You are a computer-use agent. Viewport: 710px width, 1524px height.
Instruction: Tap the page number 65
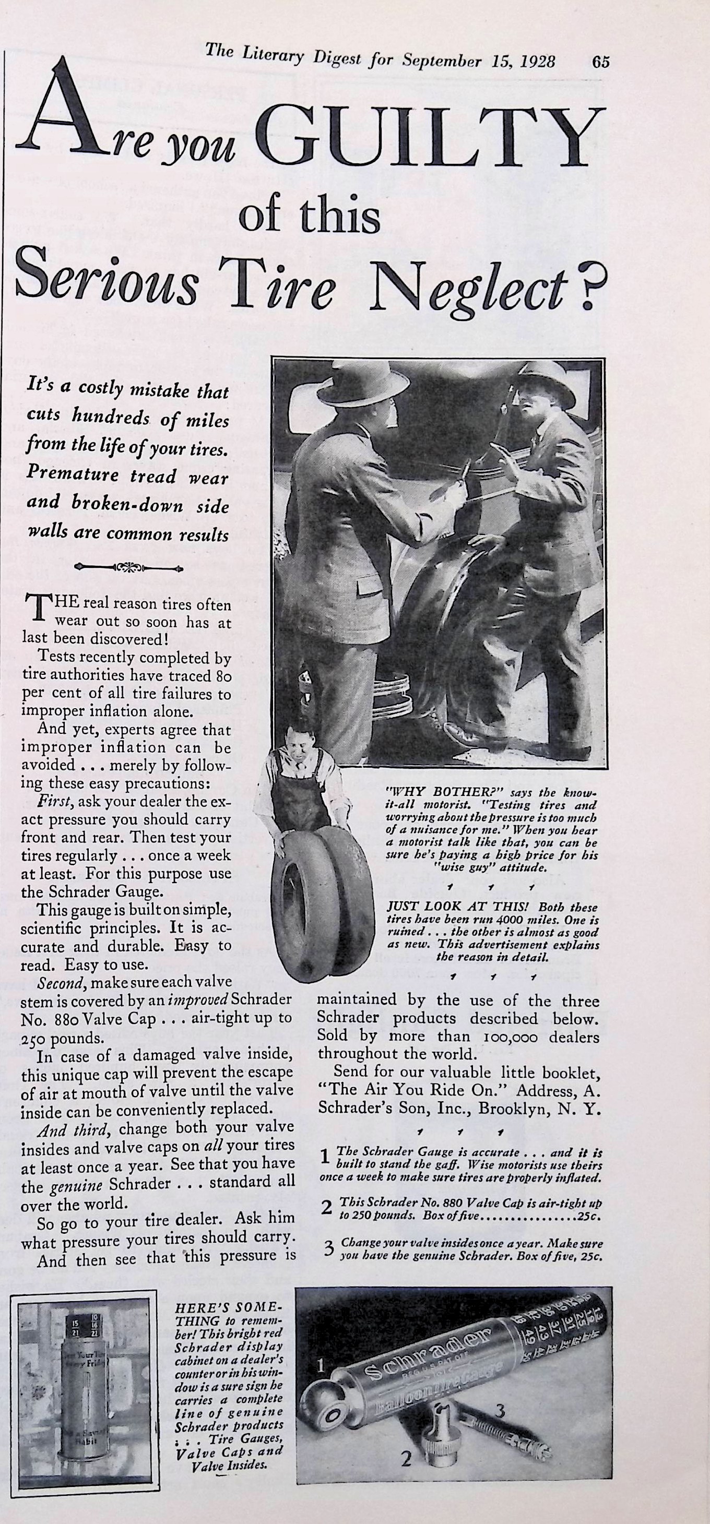tap(600, 63)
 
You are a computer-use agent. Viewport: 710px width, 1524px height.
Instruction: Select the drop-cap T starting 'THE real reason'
tap(37, 608)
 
